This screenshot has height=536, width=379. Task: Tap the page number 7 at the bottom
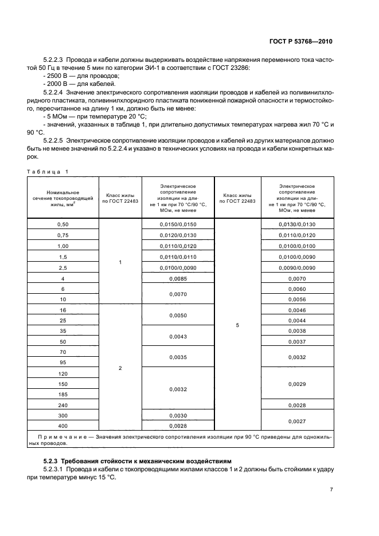point(331,490)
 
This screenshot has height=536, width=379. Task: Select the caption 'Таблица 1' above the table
point(48,171)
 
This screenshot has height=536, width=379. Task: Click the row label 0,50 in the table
point(63,224)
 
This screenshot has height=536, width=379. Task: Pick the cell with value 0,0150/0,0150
point(178,224)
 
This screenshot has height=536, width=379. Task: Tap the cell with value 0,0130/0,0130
point(297,224)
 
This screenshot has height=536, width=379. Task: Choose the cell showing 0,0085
point(178,279)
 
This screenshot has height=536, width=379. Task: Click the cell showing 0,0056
point(297,299)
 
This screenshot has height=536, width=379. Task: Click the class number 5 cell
point(237,325)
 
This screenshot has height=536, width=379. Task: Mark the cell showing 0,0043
point(178,336)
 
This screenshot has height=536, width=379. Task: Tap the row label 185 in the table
point(63,395)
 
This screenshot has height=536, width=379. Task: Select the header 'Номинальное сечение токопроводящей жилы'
point(63,197)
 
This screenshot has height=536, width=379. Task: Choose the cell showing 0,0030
point(178,415)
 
